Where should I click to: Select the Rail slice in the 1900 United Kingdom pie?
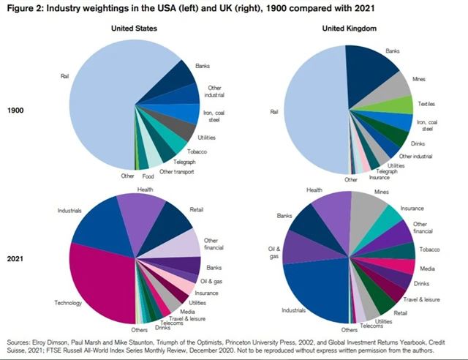[307, 110]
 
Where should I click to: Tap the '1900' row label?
[18, 110]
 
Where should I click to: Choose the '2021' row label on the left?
[18, 260]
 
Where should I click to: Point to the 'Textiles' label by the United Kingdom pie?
[426, 105]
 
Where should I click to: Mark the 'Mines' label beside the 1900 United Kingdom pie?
[420, 78]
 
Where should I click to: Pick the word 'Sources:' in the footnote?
[20, 341]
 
